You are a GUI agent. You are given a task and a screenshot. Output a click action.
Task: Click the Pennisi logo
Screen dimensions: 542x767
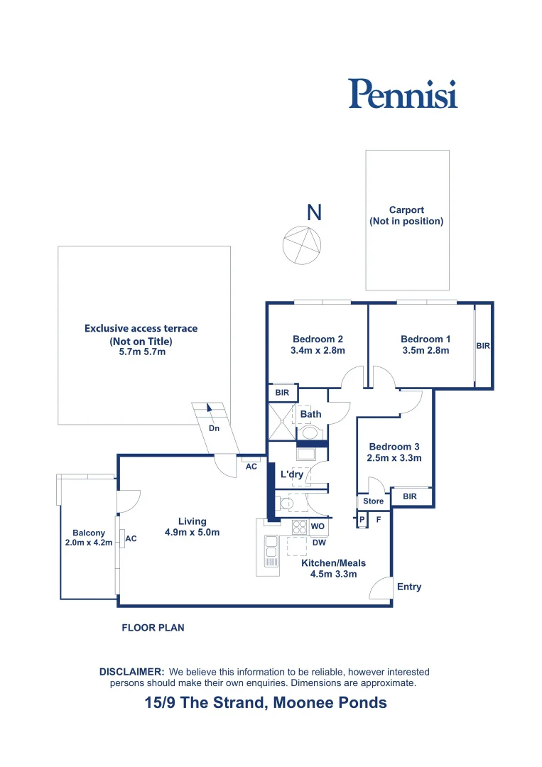pos(403,94)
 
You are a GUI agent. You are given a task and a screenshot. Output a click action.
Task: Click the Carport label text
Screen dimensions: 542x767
pos(406,210)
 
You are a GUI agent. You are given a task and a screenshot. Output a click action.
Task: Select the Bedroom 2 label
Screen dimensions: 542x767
pos(318,339)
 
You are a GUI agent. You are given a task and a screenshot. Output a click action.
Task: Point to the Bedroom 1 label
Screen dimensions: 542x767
pos(425,339)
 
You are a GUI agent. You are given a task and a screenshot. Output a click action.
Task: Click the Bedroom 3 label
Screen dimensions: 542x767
pos(394,447)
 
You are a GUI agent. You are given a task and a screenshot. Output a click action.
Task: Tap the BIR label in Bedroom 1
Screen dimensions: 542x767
pos(483,346)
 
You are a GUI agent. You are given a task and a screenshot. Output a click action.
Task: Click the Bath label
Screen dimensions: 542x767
pos(310,414)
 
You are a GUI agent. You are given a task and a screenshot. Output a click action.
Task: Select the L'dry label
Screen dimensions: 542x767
pos(292,474)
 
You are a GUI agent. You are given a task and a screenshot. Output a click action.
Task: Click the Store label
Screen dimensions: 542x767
pos(373,501)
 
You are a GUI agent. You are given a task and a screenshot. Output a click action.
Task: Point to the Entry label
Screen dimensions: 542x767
pos(409,587)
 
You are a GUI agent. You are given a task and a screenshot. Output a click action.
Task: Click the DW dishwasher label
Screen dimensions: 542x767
pos(319,543)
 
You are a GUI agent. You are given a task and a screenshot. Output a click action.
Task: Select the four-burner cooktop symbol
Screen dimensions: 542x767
pos(300,527)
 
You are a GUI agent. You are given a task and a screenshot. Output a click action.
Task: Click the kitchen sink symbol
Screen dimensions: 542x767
pos(271,551)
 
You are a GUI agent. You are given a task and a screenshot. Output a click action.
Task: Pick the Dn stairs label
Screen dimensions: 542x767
pos(214,429)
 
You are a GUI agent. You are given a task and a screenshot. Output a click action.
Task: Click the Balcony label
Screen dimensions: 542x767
pos(89,533)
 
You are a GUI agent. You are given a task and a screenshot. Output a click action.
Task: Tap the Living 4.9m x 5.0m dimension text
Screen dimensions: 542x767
pos(192,532)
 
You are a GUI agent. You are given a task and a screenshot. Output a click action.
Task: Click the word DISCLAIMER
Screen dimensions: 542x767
pos(132,671)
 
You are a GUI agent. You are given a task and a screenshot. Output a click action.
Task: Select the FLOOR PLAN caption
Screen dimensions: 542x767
pos(153,628)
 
